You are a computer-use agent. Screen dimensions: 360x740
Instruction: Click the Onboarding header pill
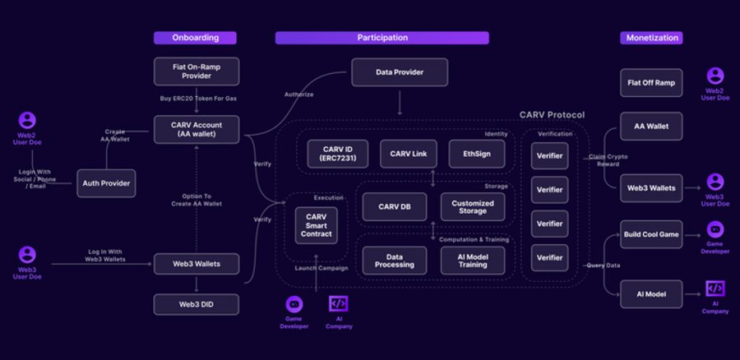click(x=196, y=38)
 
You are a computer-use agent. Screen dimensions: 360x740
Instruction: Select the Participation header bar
click(x=382, y=38)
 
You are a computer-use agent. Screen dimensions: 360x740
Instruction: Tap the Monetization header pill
click(x=650, y=38)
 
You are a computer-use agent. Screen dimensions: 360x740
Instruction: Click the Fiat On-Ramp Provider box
click(x=197, y=72)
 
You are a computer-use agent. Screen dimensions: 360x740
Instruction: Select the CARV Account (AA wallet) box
click(x=197, y=129)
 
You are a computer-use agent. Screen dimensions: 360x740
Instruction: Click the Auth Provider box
click(x=107, y=182)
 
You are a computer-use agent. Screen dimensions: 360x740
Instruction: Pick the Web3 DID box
click(x=197, y=304)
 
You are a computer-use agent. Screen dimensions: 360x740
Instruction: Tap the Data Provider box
click(x=400, y=72)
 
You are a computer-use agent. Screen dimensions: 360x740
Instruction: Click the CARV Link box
click(x=408, y=154)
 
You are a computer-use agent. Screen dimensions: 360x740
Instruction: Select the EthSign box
click(x=477, y=154)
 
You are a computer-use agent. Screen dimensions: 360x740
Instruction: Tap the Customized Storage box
click(x=473, y=208)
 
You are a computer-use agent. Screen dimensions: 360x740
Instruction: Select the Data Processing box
click(x=395, y=261)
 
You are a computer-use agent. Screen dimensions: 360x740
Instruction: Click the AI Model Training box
click(x=473, y=261)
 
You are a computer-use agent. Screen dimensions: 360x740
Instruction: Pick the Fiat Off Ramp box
click(x=650, y=82)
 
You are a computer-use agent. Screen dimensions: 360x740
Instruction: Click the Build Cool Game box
click(x=650, y=234)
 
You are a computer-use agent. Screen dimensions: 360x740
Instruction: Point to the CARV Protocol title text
click(x=552, y=115)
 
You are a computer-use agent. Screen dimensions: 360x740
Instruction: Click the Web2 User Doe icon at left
click(x=27, y=121)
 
